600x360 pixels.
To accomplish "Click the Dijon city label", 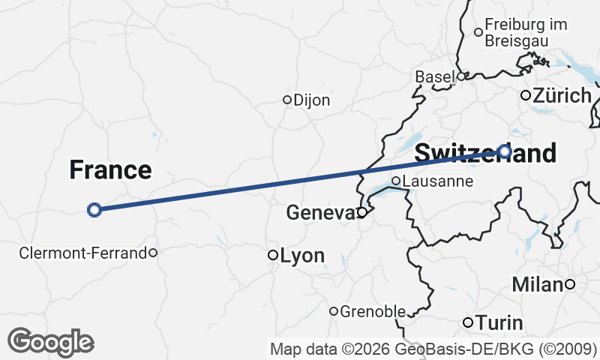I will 312,100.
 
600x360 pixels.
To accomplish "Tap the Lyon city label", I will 303,256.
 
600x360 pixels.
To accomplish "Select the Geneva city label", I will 320,214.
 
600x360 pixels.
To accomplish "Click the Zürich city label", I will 562,96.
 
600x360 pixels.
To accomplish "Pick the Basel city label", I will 435,77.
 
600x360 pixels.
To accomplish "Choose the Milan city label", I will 537,284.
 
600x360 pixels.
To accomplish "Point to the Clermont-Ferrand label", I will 82,253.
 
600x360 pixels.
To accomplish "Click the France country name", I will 110,170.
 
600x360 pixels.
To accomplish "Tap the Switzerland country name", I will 485,153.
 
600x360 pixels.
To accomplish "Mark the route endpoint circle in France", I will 94,210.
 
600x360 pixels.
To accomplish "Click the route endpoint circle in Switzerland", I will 505,151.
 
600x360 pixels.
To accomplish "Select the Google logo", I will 51,342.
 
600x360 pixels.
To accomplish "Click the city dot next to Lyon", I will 273,255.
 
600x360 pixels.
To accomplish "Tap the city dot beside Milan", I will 570,283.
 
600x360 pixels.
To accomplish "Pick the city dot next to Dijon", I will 286,100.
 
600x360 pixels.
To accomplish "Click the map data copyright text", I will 433,349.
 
